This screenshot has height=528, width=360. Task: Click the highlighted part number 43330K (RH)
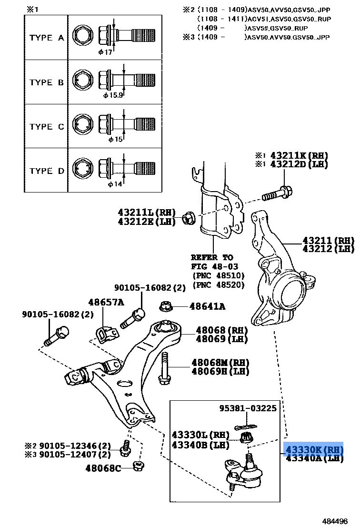pyautogui.click(x=314, y=449)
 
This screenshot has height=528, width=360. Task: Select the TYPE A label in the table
pyautogui.click(x=46, y=38)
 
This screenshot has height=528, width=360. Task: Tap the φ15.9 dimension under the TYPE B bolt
pyautogui.click(x=113, y=95)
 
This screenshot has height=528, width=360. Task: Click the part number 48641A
pyautogui.click(x=207, y=306)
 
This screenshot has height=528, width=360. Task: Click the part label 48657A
pyautogui.click(x=106, y=302)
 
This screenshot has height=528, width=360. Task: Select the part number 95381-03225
pyautogui.click(x=248, y=408)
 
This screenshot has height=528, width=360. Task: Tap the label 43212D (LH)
pyautogui.click(x=299, y=164)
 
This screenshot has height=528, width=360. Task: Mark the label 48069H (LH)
pyautogui.click(x=220, y=371)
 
